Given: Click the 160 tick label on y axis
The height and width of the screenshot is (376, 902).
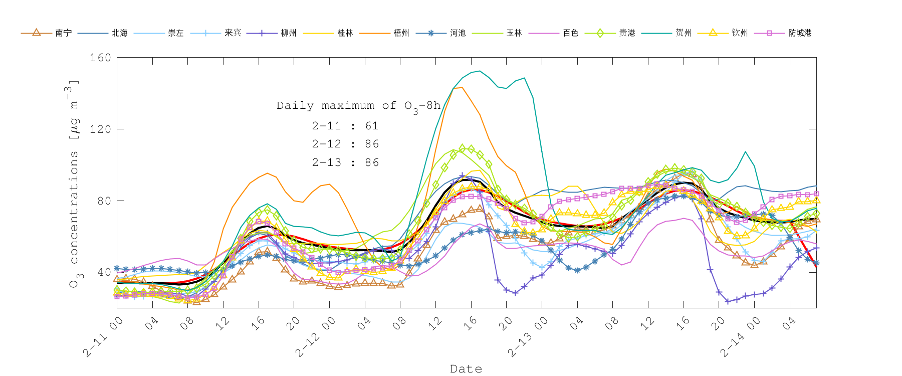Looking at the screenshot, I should [x=100, y=58].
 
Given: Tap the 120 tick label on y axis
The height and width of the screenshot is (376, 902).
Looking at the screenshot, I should [x=100, y=129].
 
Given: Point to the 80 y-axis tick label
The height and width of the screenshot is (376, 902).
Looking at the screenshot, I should [x=103, y=201].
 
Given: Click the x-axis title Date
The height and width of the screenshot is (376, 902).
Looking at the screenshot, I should [x=466, y=369].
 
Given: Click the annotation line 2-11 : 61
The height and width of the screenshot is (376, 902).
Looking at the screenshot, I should [x=345, y=126].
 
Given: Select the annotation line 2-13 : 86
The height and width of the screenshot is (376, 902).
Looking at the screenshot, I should [x=345, y=162].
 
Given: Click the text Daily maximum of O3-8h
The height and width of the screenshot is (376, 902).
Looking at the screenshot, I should [x=358, y=106].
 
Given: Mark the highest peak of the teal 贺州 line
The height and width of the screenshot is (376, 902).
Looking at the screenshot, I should [x=480, y=71].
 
